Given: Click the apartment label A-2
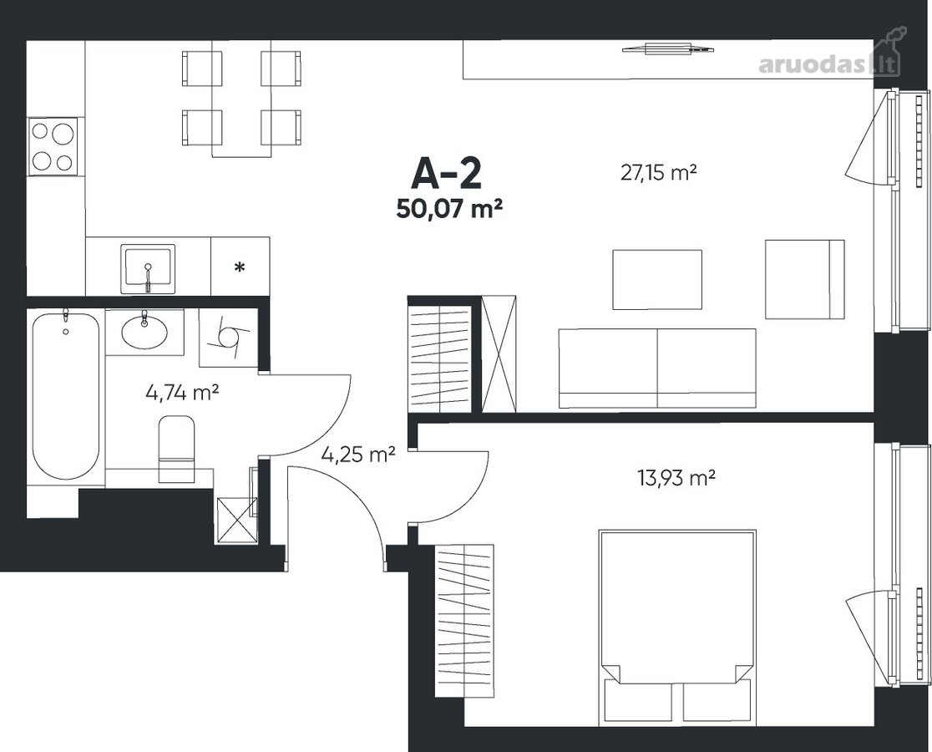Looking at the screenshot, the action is [x=446, y=174].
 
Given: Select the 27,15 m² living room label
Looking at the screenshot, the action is [x=658, y=174].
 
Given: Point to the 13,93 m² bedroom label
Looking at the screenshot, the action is [x=676, y=478].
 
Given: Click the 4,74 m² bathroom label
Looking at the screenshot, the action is [x=183, y=393].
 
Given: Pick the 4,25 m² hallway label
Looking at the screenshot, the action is [x=357, y=455].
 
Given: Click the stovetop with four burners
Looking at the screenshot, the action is [x=53, y=146].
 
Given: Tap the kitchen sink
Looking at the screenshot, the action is [x=148, y=269].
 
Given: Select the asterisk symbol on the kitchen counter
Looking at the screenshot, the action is [x=239, y=267].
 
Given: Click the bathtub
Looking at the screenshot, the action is [x=65, y=395].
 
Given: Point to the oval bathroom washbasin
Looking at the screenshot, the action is [x=144, y=331].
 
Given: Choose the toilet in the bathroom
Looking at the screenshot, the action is [x=176, y=449].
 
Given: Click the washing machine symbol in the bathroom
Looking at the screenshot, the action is [x=228, y=338].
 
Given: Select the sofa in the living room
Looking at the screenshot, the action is [x=657, y=368].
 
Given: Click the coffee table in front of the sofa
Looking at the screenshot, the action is [x=656, y=279].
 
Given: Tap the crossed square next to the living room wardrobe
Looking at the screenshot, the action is [x=499, y=354].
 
